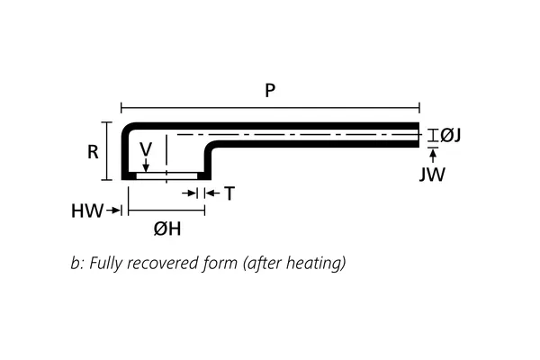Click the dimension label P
tap(270, 90)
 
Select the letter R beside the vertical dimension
tap(93, 152)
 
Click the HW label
tap(86, 211)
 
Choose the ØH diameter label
tap(167, 229)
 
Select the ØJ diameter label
tap(451, 135)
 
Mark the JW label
tap(432, 175)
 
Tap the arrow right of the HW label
tap(115, 211)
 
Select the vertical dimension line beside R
tap(107, 151)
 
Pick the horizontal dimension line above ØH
tap(167, 211)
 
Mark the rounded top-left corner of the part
tap(128, 128)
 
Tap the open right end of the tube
tap(419, 135)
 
